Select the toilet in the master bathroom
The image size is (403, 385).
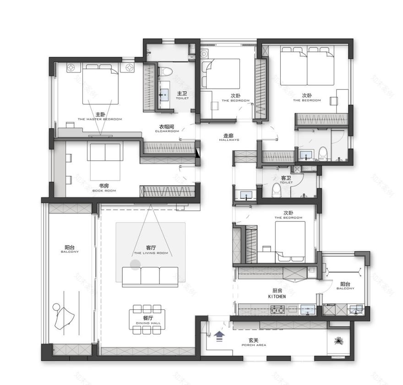pos(165,71)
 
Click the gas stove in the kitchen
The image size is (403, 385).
pos(276,310)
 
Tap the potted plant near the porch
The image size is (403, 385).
pos(339,341)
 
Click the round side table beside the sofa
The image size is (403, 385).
pos(135,264)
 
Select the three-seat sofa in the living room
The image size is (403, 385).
pos(150,277)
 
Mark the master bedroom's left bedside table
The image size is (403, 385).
pos(72,68)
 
